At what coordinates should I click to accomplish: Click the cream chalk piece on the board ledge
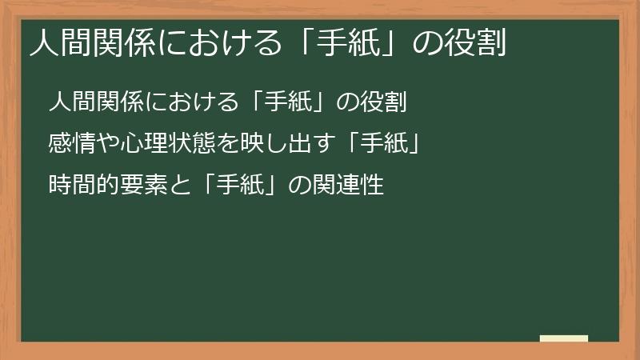tap(564, 338)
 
